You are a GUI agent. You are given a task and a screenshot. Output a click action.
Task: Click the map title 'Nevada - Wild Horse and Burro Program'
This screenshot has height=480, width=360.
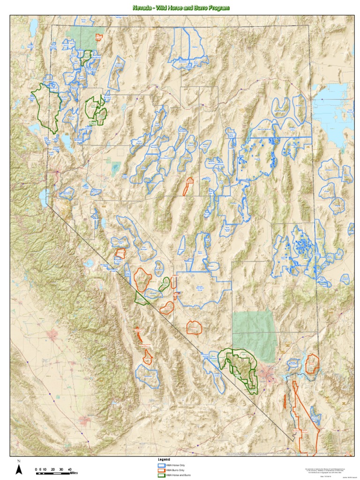pyautogui.click(x=181, y=8)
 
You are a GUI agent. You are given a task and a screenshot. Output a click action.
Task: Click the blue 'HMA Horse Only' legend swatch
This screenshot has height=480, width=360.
pyautogui.click(x=161, y=465)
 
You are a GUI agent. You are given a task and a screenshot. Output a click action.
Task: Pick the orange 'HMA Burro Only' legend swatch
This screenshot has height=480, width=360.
pyautogui.click(x=161, y=470)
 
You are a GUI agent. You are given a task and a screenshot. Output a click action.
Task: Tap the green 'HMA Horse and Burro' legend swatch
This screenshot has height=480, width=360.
pyautogui.click(x=161, y=475)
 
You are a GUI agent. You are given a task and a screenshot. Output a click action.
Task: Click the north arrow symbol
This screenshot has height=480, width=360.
pyautogui.click(x=19, y=469)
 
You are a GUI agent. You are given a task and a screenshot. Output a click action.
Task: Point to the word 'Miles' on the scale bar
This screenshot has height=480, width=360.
pyautogui.click(x=74, y=473)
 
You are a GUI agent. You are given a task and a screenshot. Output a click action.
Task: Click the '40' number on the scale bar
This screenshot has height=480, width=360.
pyautogui.click(x=69, y=469)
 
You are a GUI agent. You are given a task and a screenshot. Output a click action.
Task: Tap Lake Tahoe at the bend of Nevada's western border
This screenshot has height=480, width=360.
pyautogui.click(x=43, y=198)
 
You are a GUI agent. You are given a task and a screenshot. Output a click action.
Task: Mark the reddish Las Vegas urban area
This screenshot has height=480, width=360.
pyautogui.click(x=270, y=375)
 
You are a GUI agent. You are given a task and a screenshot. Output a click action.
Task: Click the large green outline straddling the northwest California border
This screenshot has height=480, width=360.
pyautogui.click(x=46, y=105)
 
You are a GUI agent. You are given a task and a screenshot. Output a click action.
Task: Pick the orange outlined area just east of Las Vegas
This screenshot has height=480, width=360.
pyautogui.click(x=312, y=363)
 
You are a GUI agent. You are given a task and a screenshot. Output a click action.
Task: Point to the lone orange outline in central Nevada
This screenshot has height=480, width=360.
pyautogui.click(x=188, y=186)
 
